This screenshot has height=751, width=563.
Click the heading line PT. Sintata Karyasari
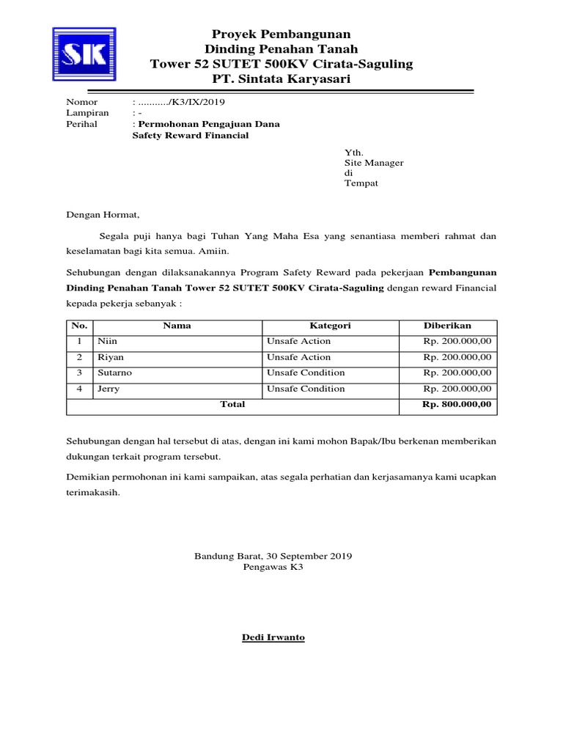(281, 78)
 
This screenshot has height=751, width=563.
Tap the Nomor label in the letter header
(82, 102)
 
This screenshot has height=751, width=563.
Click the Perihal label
(81, 125)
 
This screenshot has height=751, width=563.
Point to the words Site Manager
(374, 163)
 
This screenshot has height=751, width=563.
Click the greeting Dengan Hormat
(102, 215)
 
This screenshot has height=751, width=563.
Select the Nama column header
(177, 326)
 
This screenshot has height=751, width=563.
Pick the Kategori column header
(330, 326)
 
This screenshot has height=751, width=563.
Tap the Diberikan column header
(447, 326)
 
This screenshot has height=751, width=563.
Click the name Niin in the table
(107, 341)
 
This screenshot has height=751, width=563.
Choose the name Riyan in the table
(111, 357)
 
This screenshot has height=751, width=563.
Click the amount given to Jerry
(457, 389)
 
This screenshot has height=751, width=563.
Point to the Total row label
(233, 404)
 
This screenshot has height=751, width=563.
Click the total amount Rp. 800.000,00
(457, 404)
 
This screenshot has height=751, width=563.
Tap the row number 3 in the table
(80, 373)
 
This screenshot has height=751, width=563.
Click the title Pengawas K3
(273, 567)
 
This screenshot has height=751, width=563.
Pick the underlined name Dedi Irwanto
(273, 637)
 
